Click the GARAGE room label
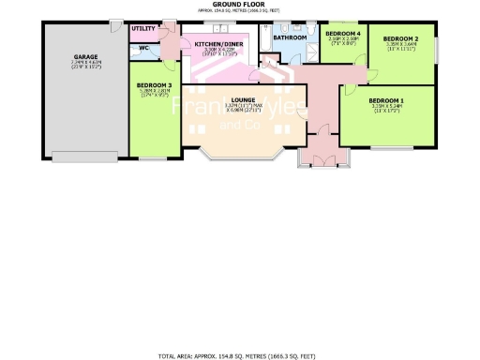tap(86, 57)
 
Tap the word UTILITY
tap(143, 29)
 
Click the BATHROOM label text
tap(290, 37)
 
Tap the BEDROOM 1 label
tap(386, 100)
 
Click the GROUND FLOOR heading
tap(239, 5)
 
